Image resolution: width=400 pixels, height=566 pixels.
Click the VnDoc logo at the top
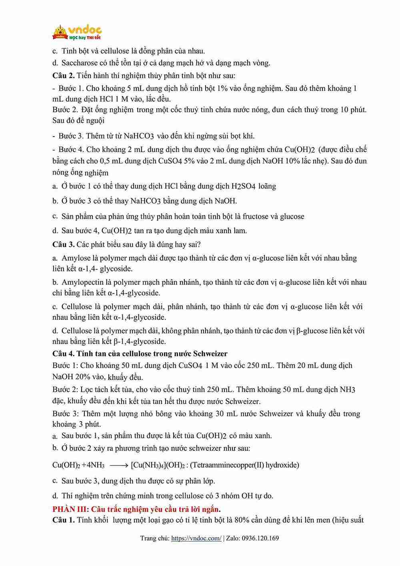click(77, 32)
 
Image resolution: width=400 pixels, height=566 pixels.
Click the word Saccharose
click(80, 63)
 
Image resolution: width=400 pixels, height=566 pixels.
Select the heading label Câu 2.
click(63, 75)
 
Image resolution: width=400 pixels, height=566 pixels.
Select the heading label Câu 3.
click(63, 244)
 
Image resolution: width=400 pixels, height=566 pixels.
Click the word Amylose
click(76, 258)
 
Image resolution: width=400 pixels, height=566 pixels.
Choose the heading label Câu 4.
click(63, 353)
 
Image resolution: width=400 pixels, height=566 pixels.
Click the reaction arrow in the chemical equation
click(118, 465)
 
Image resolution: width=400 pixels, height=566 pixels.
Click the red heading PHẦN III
click(70, 509)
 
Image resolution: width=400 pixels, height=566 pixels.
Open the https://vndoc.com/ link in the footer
click(196, 538)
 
